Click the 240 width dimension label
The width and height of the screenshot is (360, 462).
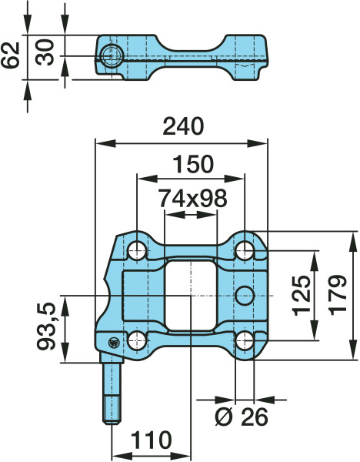[x=182, y=127]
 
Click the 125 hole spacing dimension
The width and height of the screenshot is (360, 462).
[x=302, y=295]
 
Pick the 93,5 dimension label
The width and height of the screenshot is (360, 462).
[x=47, y=328]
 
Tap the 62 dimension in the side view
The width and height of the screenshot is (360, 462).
[x=11, y=56]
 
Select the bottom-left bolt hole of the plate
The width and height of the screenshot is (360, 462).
[x=137, y=340]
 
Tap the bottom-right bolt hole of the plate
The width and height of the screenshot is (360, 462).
[x=245, y=340]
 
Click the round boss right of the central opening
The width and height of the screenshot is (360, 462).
[x=245, y=294]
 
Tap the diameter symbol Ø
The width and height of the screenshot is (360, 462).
[x=222, y=417]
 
